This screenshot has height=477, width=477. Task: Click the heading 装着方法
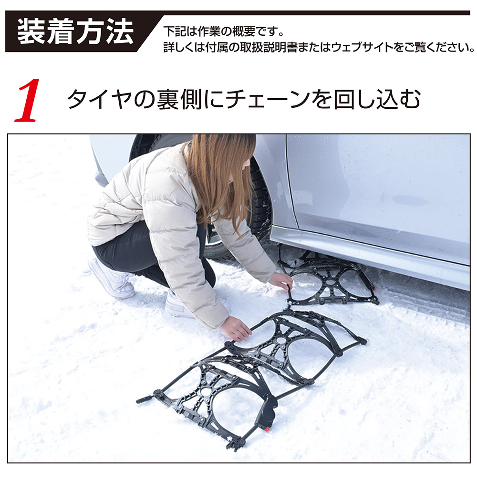[x=75, y=31]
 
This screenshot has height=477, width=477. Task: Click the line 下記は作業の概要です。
[x=224, y=31]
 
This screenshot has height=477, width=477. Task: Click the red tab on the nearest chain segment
[x=267, y=429]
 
